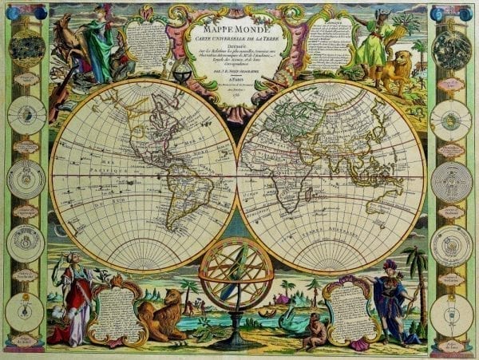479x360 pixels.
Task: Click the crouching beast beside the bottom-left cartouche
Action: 161,315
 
